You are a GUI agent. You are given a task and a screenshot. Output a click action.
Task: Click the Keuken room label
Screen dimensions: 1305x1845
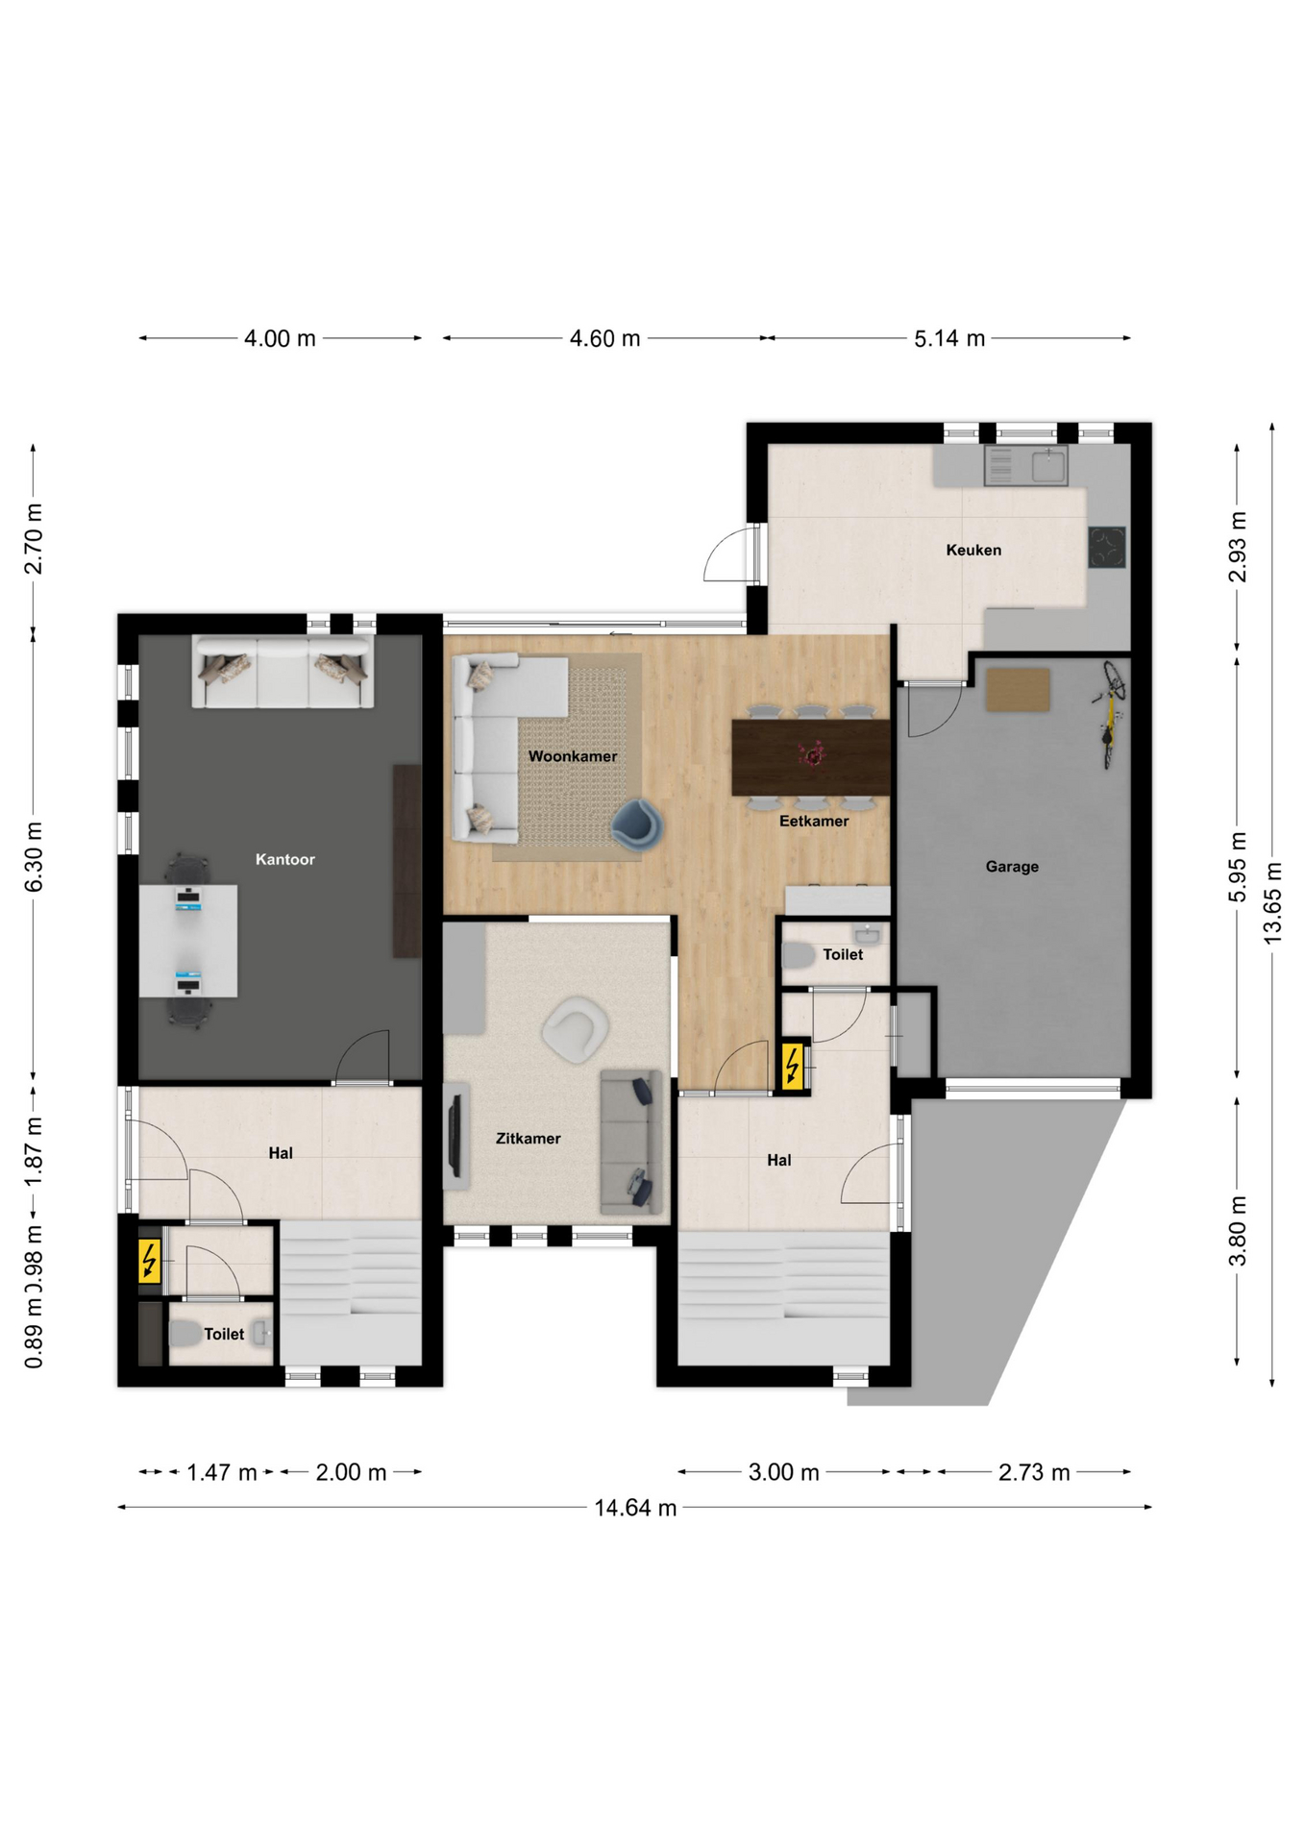(x=973, y=550)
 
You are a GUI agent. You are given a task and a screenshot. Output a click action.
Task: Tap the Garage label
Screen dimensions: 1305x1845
(x=1012, y=867)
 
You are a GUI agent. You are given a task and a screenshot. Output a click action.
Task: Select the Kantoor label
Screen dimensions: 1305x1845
(x=285, y=859)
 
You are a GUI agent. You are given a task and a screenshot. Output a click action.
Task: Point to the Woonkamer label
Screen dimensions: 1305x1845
(x=573, y=756)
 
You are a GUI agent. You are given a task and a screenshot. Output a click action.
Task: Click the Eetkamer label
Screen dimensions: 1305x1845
(x=814, y=821)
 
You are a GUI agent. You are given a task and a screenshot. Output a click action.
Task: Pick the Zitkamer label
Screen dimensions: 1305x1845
(x=529, y=1139)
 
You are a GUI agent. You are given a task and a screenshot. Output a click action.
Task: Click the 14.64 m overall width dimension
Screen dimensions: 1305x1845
(x=635, y=1508)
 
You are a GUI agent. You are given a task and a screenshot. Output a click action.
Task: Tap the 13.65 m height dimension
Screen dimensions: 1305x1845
(x=1272, y=903)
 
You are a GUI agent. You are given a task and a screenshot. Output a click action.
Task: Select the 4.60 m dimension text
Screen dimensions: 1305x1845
(x=605, y=338)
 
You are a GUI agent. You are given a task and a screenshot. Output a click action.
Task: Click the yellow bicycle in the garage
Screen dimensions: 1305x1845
(x=1111, y=712)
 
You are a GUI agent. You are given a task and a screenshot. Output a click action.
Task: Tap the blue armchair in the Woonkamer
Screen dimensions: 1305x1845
(x=637, y=824)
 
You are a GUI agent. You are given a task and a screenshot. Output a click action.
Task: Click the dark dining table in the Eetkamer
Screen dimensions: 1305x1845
(x=811, y=757)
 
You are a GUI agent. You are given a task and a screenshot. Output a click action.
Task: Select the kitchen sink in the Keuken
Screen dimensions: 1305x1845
(x=1048, y=466)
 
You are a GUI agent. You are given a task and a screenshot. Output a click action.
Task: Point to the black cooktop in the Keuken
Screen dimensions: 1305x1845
(x=1107, y=547)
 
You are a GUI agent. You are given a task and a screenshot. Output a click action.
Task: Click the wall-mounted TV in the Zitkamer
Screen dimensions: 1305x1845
(x=456, y=1135)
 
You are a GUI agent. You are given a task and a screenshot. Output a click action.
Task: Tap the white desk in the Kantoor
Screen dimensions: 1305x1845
(x=188, y=941)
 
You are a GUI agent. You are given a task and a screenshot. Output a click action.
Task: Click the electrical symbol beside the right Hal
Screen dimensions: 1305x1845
(x=793, y=1066)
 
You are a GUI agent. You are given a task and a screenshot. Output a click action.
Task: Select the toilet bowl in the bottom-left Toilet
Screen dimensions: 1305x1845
(x=185, y=1333)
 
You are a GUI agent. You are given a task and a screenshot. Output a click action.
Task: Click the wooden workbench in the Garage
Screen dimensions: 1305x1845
(x=1018, y=689)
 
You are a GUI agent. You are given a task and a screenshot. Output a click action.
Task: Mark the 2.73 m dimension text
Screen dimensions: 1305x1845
(x=1034, y=1472)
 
